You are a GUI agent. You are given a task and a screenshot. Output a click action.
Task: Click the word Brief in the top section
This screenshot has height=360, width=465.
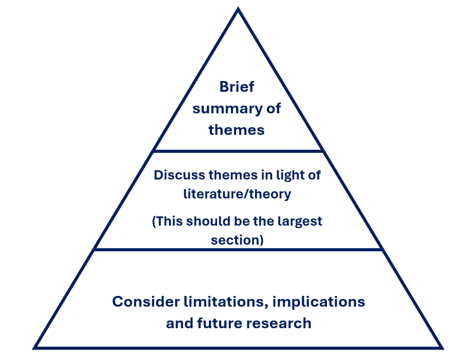[237, 87]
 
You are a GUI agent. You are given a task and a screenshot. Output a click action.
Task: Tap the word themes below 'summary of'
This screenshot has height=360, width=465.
[237, 130]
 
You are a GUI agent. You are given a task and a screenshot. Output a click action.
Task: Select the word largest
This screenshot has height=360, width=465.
[298, 221]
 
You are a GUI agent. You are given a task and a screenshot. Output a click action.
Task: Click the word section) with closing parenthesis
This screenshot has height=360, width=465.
[237, 239]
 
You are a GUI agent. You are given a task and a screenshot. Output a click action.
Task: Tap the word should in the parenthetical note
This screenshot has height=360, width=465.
[208, 221]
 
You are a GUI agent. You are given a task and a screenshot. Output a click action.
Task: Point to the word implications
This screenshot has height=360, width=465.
[318, 302]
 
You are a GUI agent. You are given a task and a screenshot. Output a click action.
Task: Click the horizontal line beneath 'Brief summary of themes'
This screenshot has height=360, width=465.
[238, 151]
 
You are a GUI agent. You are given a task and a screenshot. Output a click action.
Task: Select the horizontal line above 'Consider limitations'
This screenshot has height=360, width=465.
[238, 250]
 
